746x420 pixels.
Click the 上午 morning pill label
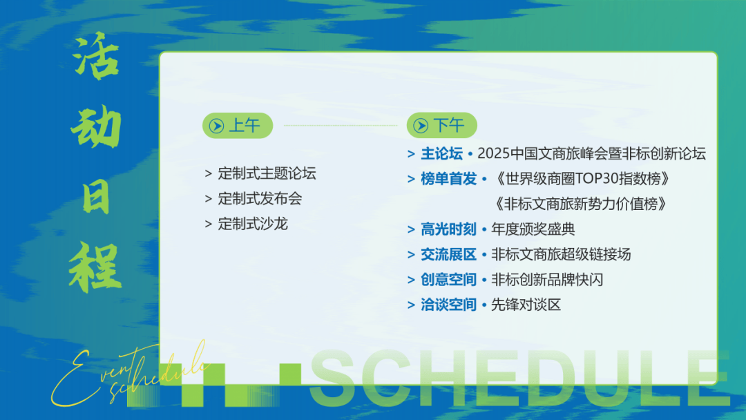pos(245,126)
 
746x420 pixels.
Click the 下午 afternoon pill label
pos(449,126)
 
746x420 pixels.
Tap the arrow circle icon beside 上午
pos(216,126)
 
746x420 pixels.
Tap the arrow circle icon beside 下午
pos(421,126)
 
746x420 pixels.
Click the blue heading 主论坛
pos(441,153)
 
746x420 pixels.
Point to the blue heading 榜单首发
pos(449,179)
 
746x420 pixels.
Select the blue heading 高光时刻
pos(449,229)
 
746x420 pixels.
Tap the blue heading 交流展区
pos(449,254)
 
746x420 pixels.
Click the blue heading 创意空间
pos(449,280)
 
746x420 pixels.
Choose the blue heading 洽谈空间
pos(449,305)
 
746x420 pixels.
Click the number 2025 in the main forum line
pos(493,153)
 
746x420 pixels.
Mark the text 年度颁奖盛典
pos(533,229)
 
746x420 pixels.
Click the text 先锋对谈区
pos(526,305)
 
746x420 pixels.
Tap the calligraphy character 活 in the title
pos(95,56)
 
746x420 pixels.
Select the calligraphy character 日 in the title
pos(95,198)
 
